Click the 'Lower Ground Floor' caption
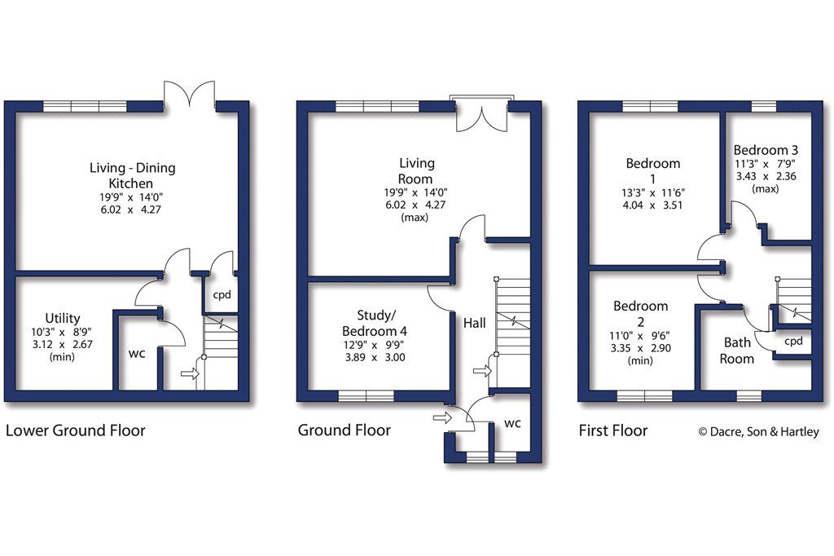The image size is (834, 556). pyautogui.click(x=75, y=430)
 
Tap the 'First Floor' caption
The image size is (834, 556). pyautogui.click(x=612, y=430)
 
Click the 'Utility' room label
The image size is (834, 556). pyautogui.click(x=63, y=318)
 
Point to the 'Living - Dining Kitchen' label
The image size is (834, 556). pyautogui.click(x=132, y=175)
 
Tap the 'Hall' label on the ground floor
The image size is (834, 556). pyautogui.click(x=474, y=324)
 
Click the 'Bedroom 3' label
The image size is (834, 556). pyautogui.click(x=766, y=150)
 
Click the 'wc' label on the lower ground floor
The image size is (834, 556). pyautogui.click(x=136, y=355)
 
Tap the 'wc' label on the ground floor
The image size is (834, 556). pyautogui.click(x=512, y=423)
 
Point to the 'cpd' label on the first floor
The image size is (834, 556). pyautogui.click(x=793, y=341)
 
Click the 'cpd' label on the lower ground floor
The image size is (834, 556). pyautogui.click(x=222, y=295)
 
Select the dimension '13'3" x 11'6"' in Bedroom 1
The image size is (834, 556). pyautogui.click(x=652, y=192)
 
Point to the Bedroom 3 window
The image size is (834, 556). pyautogui.click(x=763, y=106)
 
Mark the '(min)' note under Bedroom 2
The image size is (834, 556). pyautogui.click(x=641, y=360)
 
